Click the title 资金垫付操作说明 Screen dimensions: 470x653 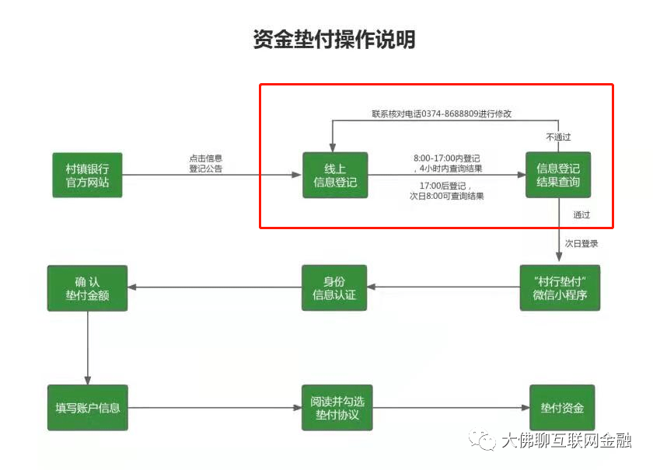pos(334,39)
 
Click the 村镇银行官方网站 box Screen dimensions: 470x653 pos(88,175)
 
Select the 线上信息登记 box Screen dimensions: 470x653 pos(334,175)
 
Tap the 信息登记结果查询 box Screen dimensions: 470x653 pos(558,175)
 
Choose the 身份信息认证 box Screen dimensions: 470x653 pos(333,287)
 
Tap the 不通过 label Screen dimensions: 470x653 pos(557,138)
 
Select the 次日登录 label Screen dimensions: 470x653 pos(581,244)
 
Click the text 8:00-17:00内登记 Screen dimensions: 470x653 pos(446,158)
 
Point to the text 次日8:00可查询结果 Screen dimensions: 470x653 pos(446,196)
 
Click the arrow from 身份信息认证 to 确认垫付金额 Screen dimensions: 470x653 pos(218,287)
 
